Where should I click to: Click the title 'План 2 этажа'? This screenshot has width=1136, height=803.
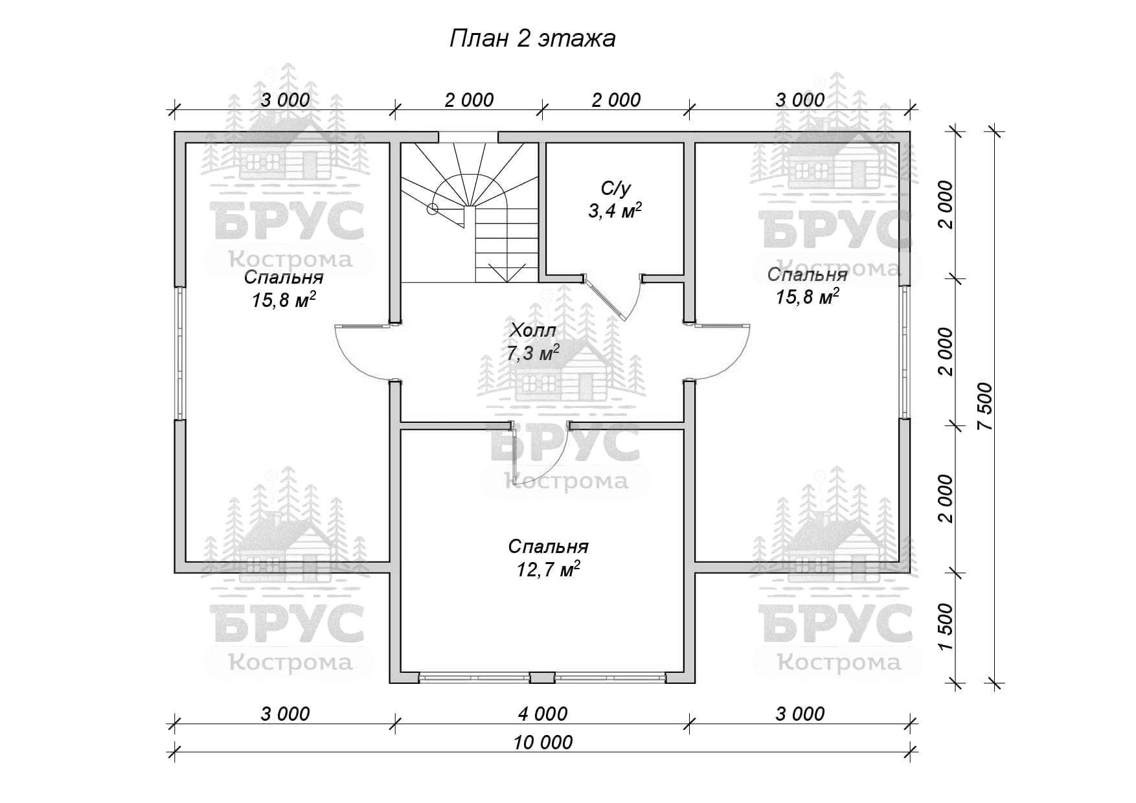coord(532,39)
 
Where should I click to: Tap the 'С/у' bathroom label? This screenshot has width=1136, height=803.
coord(615,188)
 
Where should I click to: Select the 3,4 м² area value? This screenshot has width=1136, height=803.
coord(615,211)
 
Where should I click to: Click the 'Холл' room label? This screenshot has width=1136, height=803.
coord(533,330)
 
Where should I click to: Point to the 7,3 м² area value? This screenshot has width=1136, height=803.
coord(533,354)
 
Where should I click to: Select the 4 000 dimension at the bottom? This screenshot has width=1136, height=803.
coord(543,714)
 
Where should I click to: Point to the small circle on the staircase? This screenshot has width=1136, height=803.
coord(432,209)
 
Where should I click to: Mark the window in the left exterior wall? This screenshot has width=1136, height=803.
coord(181,352)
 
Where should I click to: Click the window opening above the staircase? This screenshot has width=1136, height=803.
coord(468,137)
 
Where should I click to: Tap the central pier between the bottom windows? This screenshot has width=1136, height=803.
coord(543,678)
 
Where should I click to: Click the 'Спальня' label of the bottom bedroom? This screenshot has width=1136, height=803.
coord(548,547)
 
